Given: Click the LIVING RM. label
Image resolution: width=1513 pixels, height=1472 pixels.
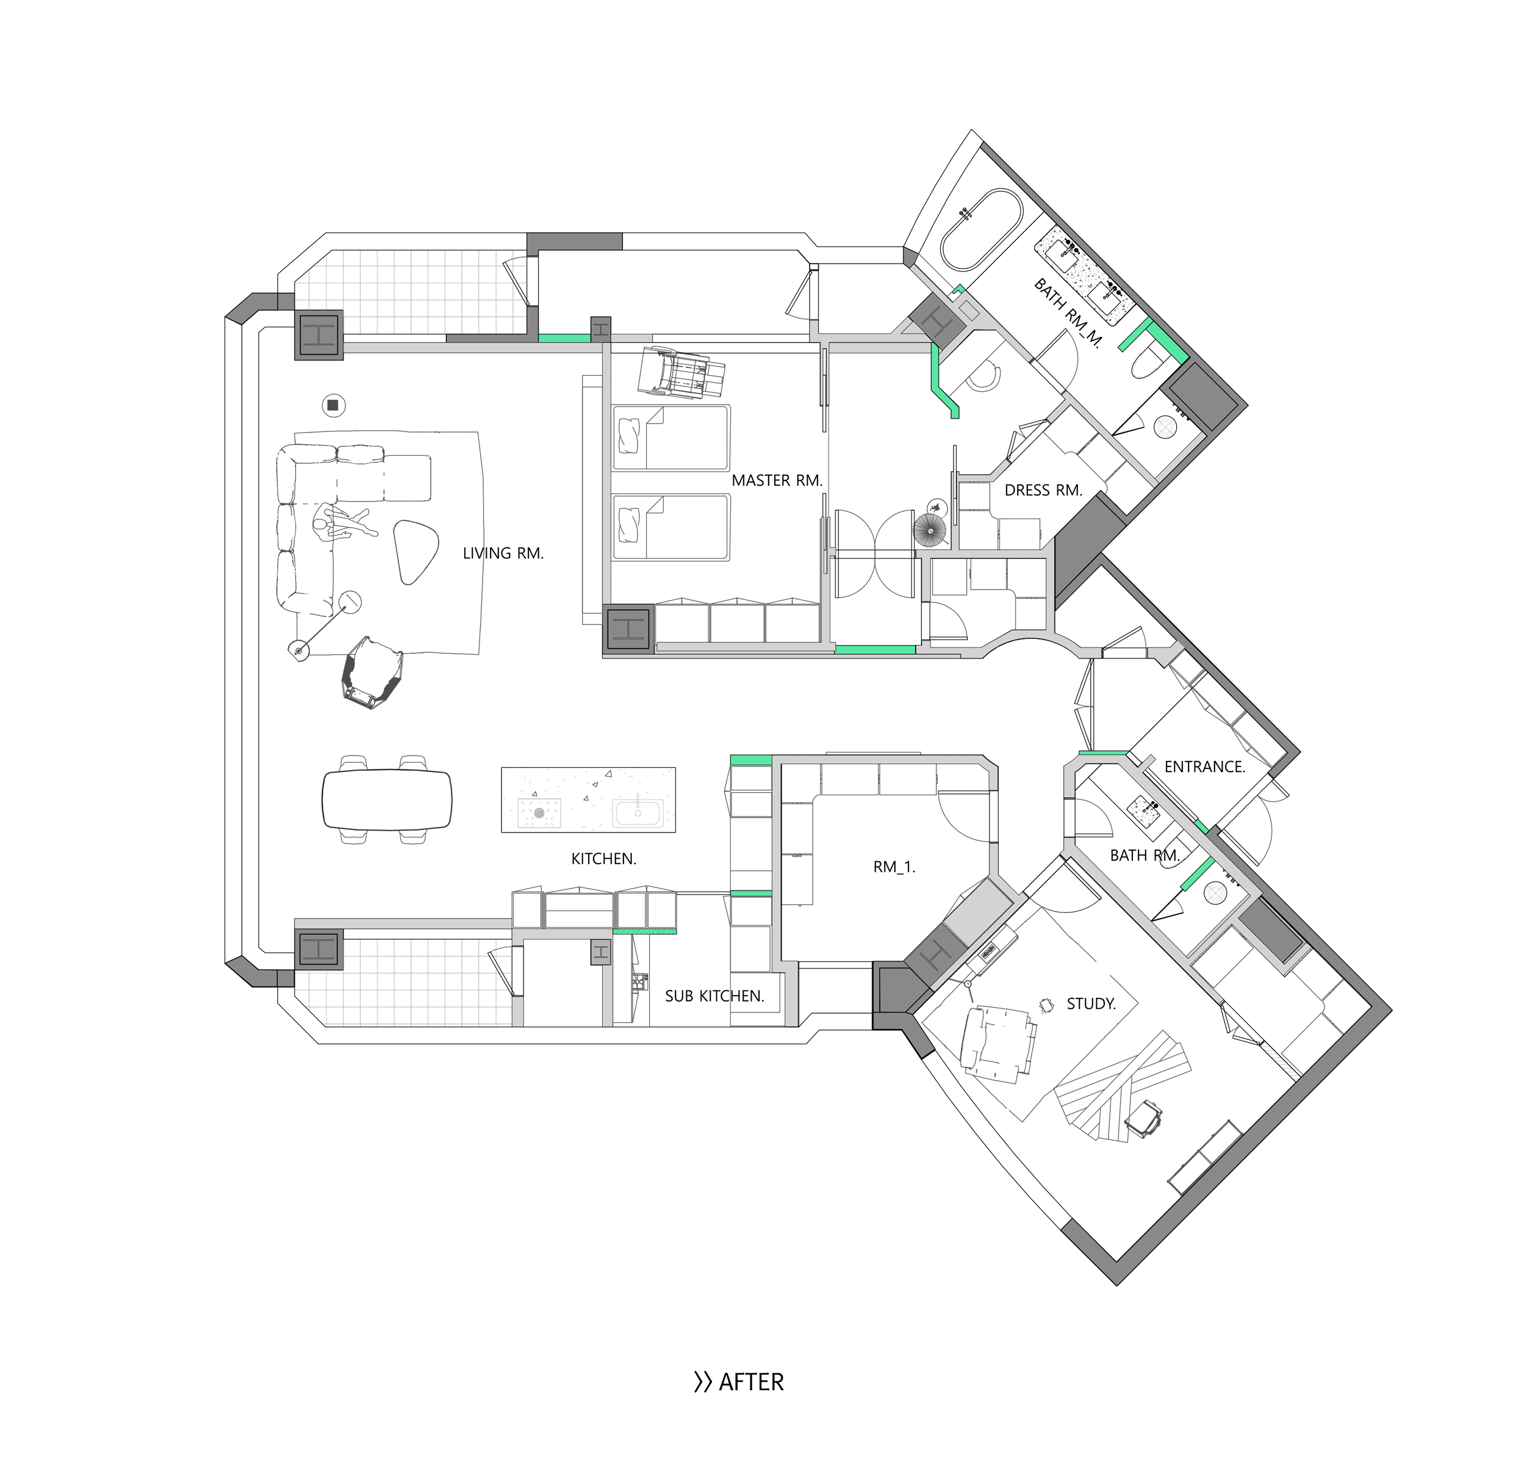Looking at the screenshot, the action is click(x=503, y=554).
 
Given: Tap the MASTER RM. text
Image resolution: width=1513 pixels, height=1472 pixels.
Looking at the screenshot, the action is click(x=777, y=481).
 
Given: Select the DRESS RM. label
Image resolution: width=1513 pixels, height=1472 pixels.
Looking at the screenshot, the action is click(x=1043, y=490).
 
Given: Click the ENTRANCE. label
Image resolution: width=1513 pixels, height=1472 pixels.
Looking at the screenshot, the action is click(x=1205, y=767).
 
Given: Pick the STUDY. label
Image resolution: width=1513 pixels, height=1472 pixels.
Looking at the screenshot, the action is click(x=1091, y=1003).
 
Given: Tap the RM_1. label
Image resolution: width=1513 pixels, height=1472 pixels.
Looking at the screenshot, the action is click(x=894, y=867).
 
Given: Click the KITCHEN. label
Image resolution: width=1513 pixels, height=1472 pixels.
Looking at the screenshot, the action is click(x=603, y=859).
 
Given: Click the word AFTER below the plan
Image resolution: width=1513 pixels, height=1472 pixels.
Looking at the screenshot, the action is click(x=751, y=1382).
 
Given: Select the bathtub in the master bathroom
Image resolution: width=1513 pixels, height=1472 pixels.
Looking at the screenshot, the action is click(x=982, y=229).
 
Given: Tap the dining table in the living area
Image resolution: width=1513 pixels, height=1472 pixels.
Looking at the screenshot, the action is click(x=386, y=799).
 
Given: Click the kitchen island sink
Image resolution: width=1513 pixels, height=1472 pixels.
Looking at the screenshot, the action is click(x=638, y=814).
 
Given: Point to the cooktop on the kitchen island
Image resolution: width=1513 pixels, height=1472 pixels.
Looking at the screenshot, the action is click(x=539, y=812).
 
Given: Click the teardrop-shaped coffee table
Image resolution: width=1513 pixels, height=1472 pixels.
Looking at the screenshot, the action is click(x=415, y=550).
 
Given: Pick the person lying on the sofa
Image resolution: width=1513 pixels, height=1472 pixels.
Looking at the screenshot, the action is click(x=345, y=522).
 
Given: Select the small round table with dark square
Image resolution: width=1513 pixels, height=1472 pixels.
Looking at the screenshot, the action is click(x=333, y=405).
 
